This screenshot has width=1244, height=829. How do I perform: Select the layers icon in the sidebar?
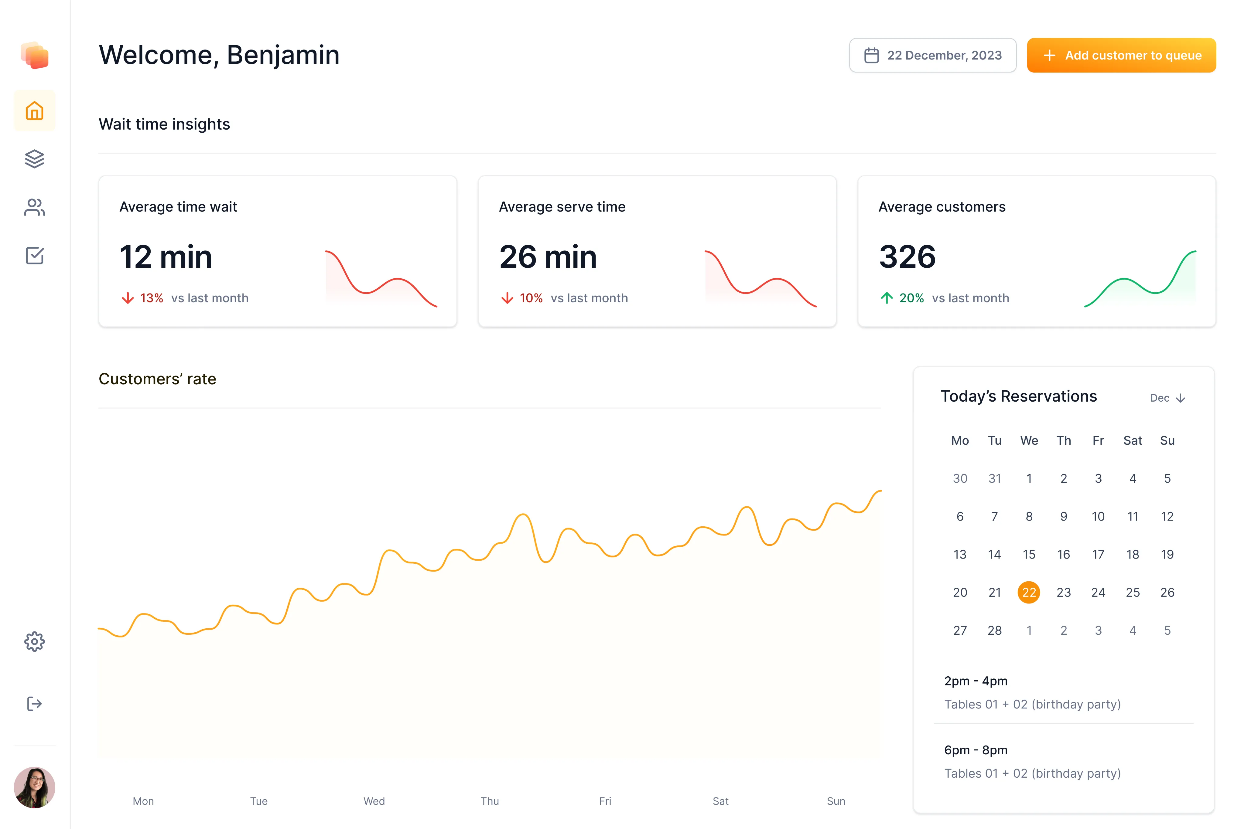[34, 159]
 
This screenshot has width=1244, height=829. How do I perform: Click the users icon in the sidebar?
[34, 207]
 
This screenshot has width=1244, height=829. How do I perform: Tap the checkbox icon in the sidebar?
[34, 256]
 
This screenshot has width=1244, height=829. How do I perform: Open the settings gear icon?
[34, 641]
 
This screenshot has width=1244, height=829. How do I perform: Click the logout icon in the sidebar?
[34, 704]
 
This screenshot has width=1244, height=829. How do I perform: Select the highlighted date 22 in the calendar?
[1029, 592]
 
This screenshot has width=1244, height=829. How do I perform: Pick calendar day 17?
[1098, 554]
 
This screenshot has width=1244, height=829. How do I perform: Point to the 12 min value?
[166, 257]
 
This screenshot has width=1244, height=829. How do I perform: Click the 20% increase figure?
[911, 298]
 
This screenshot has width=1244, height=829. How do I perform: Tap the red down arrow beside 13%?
[128, 298]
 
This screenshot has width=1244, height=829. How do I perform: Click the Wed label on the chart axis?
[374, 801]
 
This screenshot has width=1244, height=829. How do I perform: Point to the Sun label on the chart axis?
[836, 801]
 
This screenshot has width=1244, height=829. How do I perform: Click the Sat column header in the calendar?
[1133, 440]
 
